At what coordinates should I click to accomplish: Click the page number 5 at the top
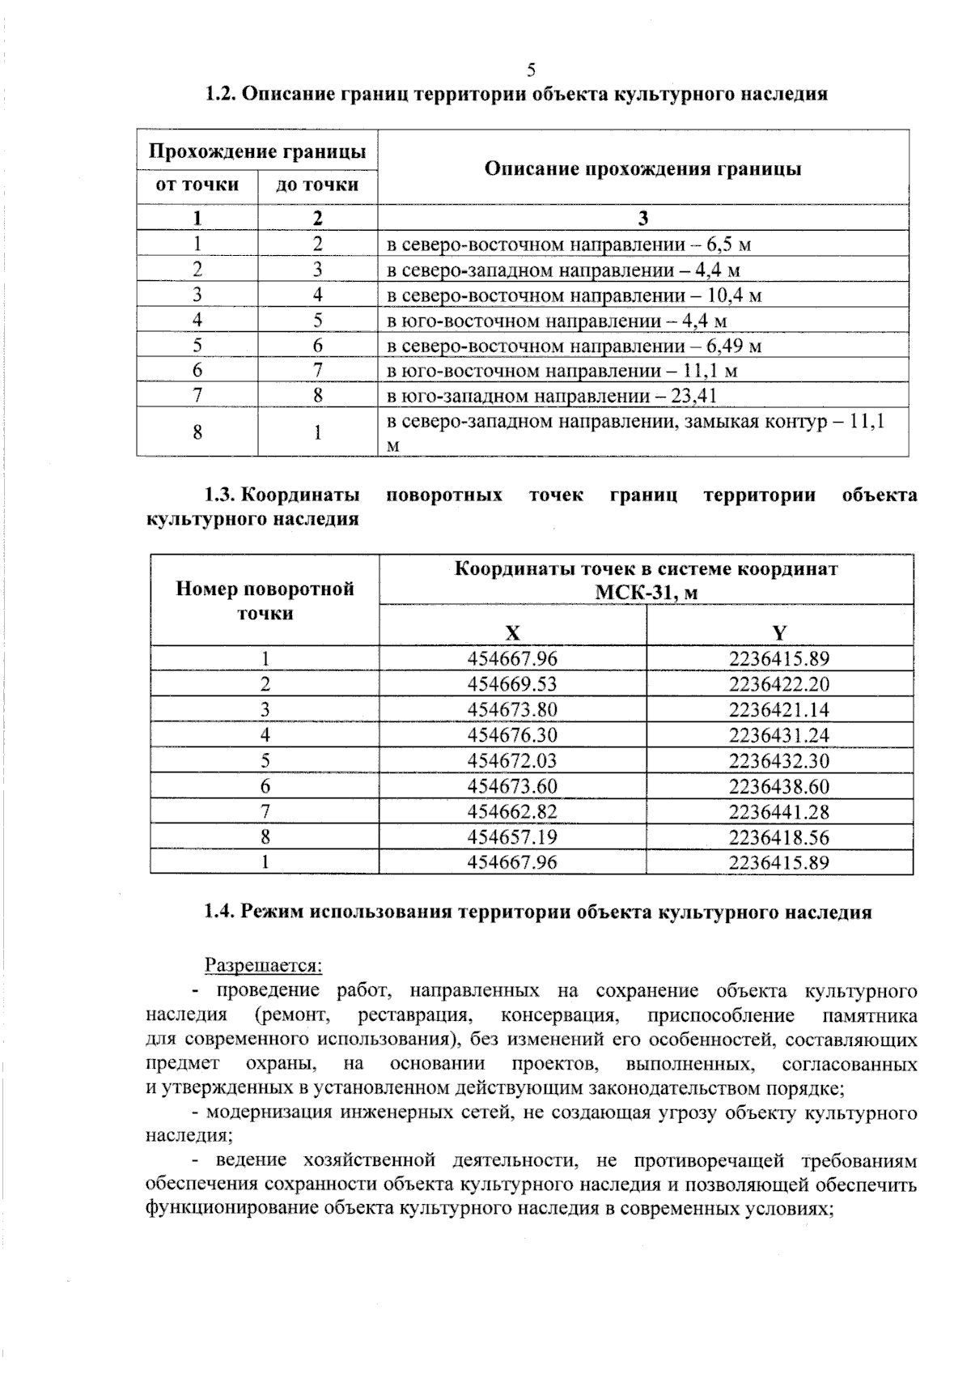point(531,70)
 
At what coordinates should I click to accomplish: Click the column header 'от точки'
point(197,185)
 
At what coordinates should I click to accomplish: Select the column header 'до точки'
point(317,185)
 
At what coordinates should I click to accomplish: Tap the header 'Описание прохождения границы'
point(642,168)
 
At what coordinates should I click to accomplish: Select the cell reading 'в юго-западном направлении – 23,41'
point(552,396)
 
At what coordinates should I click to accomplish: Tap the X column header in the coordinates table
point(512,632)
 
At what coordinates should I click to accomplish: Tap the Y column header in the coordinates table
point(779,632)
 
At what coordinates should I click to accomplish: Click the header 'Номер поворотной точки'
point(265,600)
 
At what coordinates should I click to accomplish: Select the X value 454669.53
point(512,684)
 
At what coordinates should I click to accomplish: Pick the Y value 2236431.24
point(779,735)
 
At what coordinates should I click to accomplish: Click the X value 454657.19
point(512,837)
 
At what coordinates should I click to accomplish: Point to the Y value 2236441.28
point(779,811)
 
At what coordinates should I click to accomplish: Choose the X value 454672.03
point(512,760)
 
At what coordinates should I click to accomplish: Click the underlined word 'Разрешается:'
point(264,965)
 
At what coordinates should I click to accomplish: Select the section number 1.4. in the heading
point(218,912)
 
